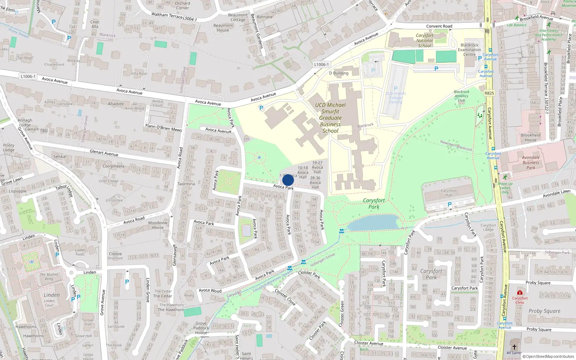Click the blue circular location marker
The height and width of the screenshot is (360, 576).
(288, 180)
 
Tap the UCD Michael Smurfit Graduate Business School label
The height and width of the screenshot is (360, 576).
(330, 118)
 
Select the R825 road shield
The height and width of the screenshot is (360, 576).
(489, 93)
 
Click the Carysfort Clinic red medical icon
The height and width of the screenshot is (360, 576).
(519, 292)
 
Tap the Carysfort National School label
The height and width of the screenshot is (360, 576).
(425, 40)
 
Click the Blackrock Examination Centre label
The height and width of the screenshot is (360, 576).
(469, 50)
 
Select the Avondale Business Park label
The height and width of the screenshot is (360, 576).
(531, 162)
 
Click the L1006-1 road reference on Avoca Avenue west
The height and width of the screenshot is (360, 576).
(28, 76)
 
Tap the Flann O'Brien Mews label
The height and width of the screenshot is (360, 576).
(163, 128)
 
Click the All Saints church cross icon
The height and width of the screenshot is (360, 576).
(514, 347)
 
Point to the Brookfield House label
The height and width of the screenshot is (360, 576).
(530, 138)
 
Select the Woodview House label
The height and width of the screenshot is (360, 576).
(158, 225)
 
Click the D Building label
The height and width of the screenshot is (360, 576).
(339, 73)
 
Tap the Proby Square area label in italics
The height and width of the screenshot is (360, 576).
(544, 311)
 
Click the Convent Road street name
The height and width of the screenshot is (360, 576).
(439, 26)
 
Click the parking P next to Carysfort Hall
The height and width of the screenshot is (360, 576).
(449, 205)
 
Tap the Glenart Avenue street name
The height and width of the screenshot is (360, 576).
(104, 153)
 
